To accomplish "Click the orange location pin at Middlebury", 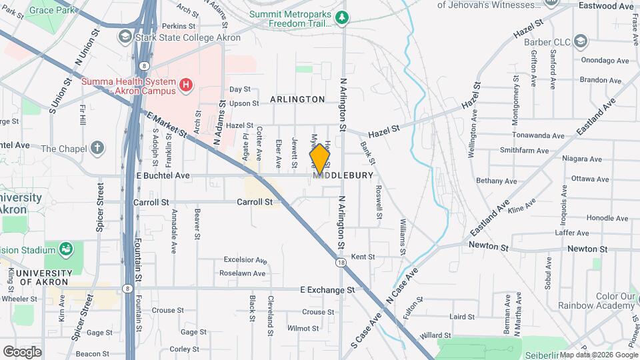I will tap(320, 159).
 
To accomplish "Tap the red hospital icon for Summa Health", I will tap(187, 85).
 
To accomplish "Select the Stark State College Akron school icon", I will tap(125, 36).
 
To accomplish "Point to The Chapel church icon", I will tap(97, 147).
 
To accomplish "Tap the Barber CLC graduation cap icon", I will tap(581, 43).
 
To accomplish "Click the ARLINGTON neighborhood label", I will tap(297, 99).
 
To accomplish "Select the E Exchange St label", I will tap(327, 290).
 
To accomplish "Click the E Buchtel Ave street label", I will tap(163, 176).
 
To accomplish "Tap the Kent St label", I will tap(363, 257).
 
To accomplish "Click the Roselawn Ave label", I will tap(245, 273).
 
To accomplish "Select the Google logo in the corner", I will tap(22, 351).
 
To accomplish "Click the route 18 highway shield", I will tap(341, 263).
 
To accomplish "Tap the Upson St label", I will tap(243, 103).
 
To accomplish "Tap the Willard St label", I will tap(436, 335).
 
